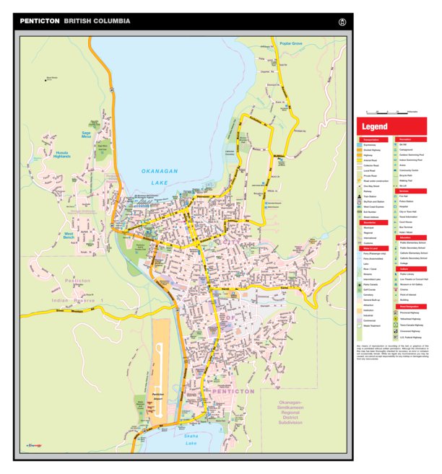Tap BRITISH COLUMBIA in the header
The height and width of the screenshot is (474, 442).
pos(97,22)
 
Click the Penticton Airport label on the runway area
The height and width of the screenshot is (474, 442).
pos(160,397)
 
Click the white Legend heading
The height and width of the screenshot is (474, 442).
pos(375,127)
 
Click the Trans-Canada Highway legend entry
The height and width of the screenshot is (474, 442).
pos(417,325)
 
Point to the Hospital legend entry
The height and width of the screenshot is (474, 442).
pos(409,206)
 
